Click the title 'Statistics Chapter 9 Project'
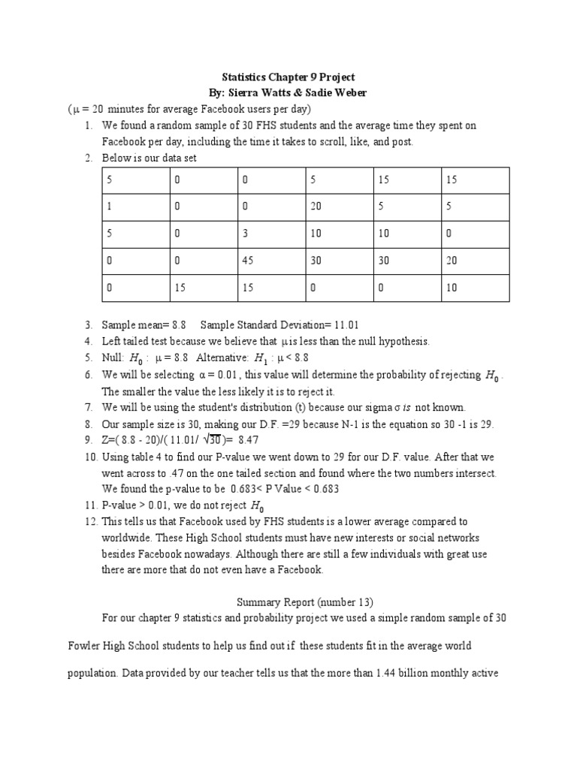pos(288,77)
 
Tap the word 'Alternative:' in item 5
pos(223,358)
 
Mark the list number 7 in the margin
pos(88,407)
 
